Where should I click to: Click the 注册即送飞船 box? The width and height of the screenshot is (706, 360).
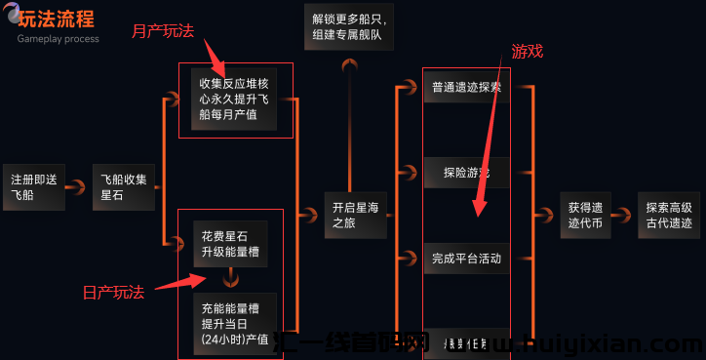(33, 186)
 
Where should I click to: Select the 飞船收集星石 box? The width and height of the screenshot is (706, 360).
(125, 186)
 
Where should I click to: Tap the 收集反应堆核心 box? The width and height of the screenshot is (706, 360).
(234, 99)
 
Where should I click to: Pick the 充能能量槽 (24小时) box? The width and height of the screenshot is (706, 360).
(234, 323)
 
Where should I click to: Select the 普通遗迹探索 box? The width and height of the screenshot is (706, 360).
(466, 88)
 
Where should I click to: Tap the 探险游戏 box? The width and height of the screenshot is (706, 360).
(466, 173)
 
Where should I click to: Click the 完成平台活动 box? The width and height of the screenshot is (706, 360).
(466, 259)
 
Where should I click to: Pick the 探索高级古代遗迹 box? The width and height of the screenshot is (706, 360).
(668, 215)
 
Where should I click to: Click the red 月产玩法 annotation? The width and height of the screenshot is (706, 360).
(162, 30)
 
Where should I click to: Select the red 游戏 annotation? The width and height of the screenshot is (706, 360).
(528, 51)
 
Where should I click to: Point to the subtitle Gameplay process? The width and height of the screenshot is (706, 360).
(58, 39)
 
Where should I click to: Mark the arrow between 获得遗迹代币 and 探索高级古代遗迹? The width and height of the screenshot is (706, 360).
(627, 215)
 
